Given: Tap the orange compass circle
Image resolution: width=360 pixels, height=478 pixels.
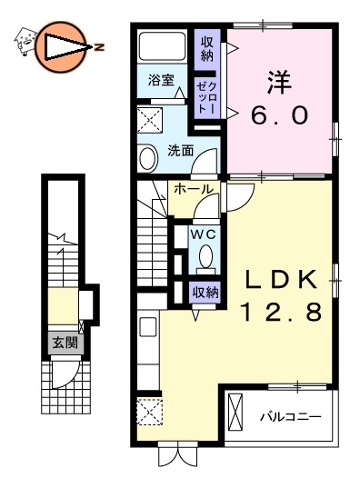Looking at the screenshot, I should [x=61, y=45].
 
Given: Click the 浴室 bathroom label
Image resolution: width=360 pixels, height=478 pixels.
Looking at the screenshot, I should [x=162, y=80].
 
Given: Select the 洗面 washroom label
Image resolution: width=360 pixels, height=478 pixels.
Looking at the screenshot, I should [x=180, y=151].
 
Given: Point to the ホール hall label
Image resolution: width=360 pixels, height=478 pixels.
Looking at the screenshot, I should [x=194, y=189].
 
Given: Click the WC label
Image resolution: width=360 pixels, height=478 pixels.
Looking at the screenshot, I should [x=204, y=232].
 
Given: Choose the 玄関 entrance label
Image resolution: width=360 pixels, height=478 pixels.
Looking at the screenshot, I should [x=65, y=344].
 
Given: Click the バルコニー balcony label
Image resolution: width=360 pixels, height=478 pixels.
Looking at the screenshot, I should [x=290, y=418].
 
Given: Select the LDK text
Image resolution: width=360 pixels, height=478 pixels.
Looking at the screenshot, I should [x=280, y=277].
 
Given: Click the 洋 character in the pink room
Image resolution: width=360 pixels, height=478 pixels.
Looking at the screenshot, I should [x=278, y=81].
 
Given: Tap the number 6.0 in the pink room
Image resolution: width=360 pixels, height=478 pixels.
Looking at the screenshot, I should [x=278, y=115].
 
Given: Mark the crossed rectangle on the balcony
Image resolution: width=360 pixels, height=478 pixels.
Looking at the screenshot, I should [x=236, y=412].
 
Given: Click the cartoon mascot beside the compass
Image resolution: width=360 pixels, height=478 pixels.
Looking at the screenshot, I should [x=25, y=38].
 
